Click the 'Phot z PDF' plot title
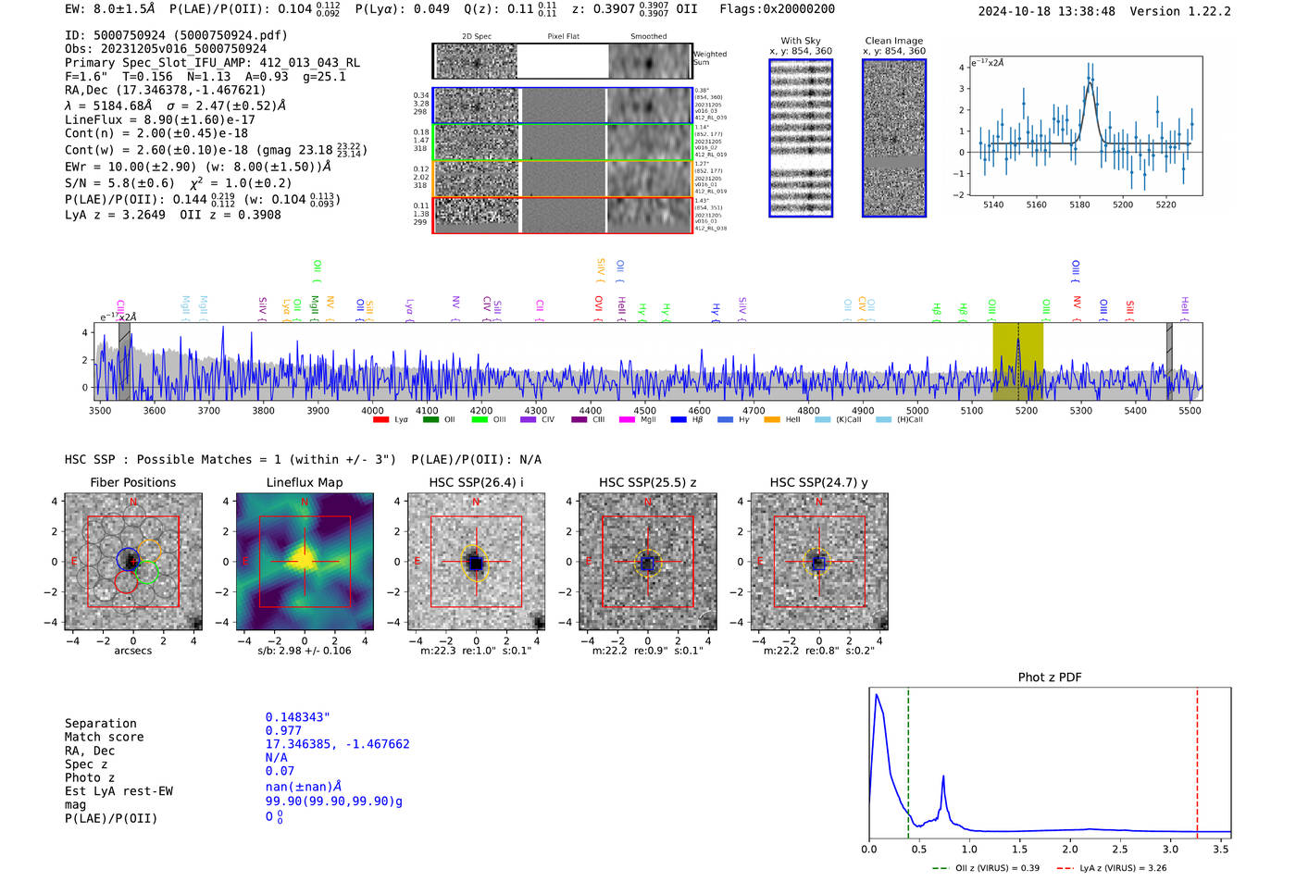tap(1050, 677)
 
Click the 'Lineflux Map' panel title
tap(304, 482)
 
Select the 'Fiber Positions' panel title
tap(132, 482)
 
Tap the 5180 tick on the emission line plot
tap(1079, 205)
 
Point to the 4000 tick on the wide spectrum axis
tap(372, 411)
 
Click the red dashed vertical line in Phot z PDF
tap(1197, 759)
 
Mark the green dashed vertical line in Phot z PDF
tap(908, 759)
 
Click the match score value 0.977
tap(283, 731)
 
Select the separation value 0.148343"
tap(297, 717)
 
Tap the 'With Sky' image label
tap(801, 41)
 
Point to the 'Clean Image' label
tap(893, 41)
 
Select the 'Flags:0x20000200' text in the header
tap(777, 9)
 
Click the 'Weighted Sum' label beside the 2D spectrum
tap(709, 58)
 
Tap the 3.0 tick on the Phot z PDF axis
tap(1170, 849)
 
